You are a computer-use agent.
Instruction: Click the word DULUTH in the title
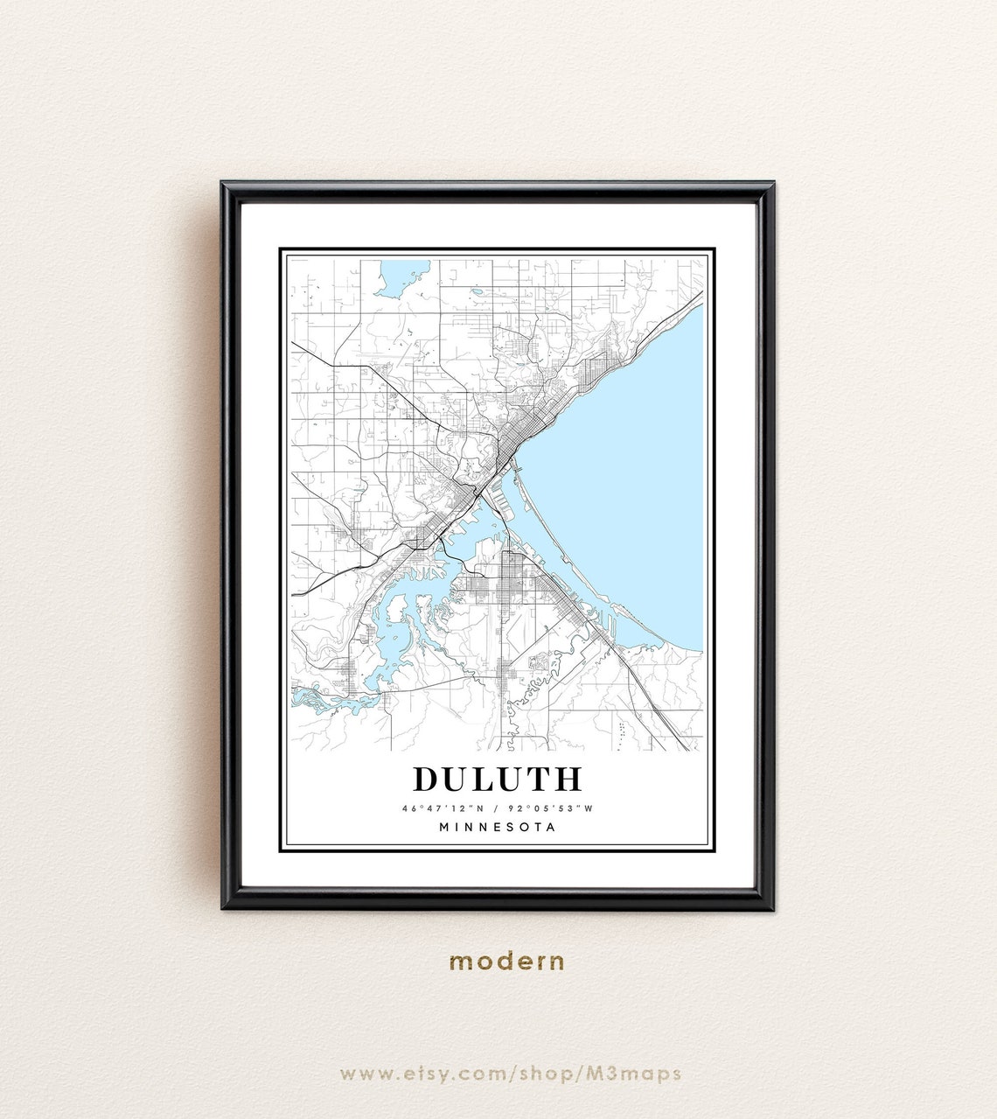point(498,779)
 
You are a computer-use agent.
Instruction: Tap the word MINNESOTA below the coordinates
point(498,827)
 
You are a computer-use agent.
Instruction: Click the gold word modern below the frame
point(507,962)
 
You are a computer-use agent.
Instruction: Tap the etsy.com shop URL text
point(510,1074)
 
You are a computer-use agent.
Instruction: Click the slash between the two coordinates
point(498,808)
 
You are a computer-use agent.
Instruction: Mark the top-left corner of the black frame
point(224,185)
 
